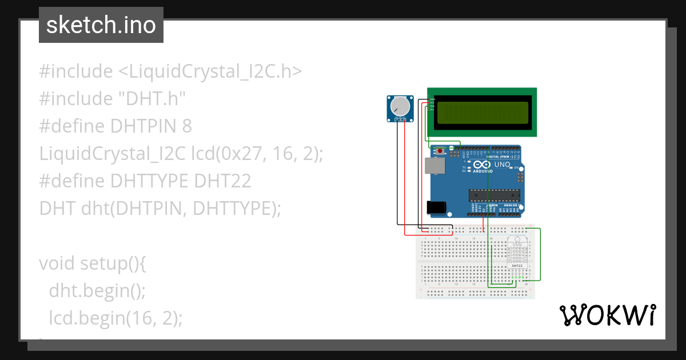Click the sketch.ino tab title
pos(101,25)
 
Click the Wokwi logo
pos(607,315)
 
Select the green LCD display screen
pos(482,113)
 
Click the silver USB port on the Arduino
pos(434,166)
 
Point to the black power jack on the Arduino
pos(436,207)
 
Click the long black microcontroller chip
pos(493,195)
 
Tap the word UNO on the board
pos(502,165)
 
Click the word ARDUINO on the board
pos(482,171)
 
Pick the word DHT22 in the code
pos(222,181)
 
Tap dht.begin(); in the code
pos(98,290)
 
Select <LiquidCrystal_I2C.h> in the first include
pos(210,71)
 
